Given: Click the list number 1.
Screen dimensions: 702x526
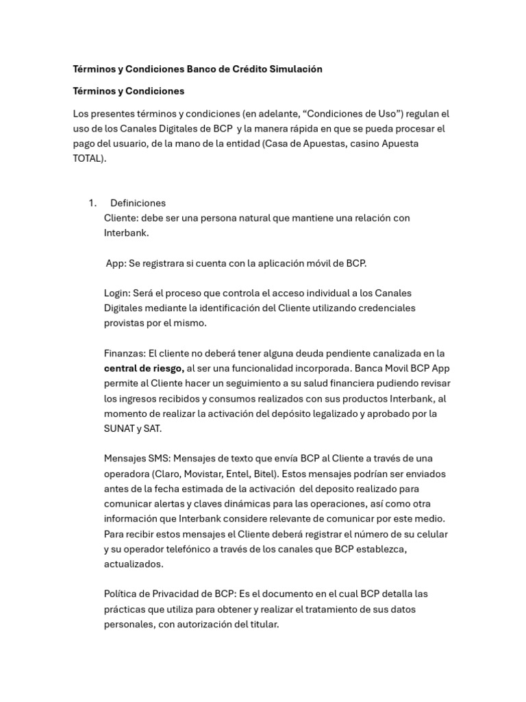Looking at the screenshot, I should (x=92, y=203).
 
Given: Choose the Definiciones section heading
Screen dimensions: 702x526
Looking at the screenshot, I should (x=138, y=203).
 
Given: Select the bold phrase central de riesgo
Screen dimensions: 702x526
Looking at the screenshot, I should (x=143, y=368).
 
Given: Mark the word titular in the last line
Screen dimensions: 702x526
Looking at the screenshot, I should (x=262, y=624).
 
